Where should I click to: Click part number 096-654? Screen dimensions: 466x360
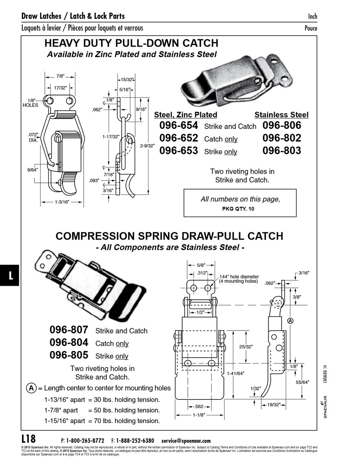[x=178, y=126]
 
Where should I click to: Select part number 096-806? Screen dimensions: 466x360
[x=282, y=126]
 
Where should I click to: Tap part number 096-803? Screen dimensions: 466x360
[x=282, y=151]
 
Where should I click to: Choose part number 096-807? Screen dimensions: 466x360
[x=69, y=330]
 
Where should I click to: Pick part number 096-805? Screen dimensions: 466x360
[x=69, y=355]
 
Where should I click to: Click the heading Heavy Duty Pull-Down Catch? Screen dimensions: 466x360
[x=131, y=43]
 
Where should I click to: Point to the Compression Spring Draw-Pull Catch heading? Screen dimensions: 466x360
[x=169, y=236]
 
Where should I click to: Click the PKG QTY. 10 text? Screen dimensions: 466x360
[x=238, y=209]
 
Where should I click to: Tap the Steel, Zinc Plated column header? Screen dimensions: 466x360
[x=185, y=115]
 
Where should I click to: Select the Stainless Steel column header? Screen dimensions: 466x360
[x=281, y=115]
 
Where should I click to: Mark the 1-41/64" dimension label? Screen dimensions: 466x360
[x=236, y=373]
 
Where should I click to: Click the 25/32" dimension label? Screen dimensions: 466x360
[x=246, y=347]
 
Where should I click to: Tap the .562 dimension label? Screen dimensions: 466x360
[x=199, y=407]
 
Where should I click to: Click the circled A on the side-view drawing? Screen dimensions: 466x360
[x=290, y=321]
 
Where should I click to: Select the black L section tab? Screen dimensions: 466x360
[x=10, y=275]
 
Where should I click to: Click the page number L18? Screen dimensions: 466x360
[x=29, y=438]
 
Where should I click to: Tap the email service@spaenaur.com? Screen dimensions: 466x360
[x=186, y=441]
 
